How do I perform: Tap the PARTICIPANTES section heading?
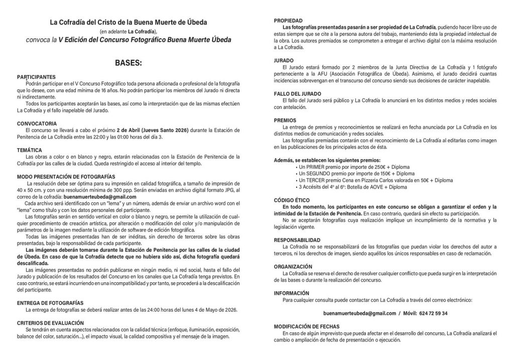tap(37, 77)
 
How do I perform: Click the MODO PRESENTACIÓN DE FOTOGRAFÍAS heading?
tap(66, 177)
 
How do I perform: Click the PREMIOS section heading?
tap(286, 121)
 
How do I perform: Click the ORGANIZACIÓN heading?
tap(296, 267)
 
